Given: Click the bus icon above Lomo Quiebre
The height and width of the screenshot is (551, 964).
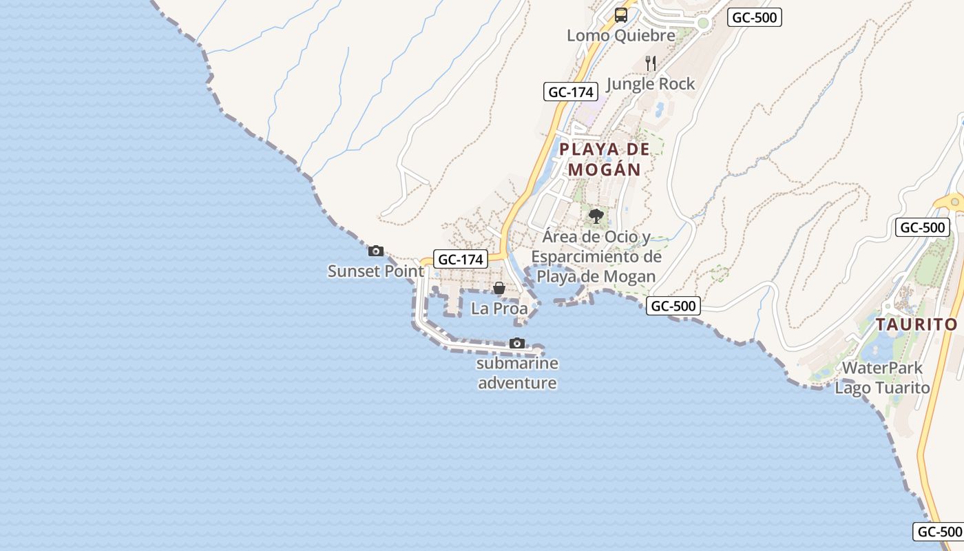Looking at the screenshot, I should [621, 15].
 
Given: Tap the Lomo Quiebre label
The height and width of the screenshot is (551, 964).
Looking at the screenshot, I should [621, 35].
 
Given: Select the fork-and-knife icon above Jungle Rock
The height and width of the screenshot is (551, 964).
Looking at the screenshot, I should [651, 63].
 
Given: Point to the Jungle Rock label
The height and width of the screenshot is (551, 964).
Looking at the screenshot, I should [651, 84].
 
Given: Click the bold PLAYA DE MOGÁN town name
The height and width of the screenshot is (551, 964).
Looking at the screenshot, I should [605, 159].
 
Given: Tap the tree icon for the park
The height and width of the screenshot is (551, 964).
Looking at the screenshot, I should [596, 217].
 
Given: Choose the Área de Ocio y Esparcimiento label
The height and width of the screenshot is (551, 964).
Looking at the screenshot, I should [596, 256].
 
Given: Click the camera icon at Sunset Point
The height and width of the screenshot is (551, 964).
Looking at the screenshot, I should [376, 251].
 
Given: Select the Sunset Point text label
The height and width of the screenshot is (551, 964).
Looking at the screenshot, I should [376, 271].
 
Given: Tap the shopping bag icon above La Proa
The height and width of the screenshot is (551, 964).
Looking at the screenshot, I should [499, 288].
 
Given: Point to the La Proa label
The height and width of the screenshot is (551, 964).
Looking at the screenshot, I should [499, 309].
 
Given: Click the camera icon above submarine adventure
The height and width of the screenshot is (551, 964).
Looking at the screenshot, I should [517, 343].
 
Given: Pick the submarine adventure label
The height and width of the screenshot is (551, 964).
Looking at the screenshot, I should [517, 373].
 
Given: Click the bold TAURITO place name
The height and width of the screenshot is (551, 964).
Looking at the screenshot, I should [916, 324].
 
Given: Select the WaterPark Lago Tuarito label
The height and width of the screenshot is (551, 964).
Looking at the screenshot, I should [882, 377].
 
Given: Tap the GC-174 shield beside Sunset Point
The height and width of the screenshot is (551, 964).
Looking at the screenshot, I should [461, 259].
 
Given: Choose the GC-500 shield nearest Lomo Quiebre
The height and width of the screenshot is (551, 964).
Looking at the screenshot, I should [755, 17].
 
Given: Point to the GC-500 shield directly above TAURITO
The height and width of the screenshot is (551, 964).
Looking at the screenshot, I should [923, 227].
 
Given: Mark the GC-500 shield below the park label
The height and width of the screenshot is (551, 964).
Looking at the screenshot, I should [673, 306].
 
